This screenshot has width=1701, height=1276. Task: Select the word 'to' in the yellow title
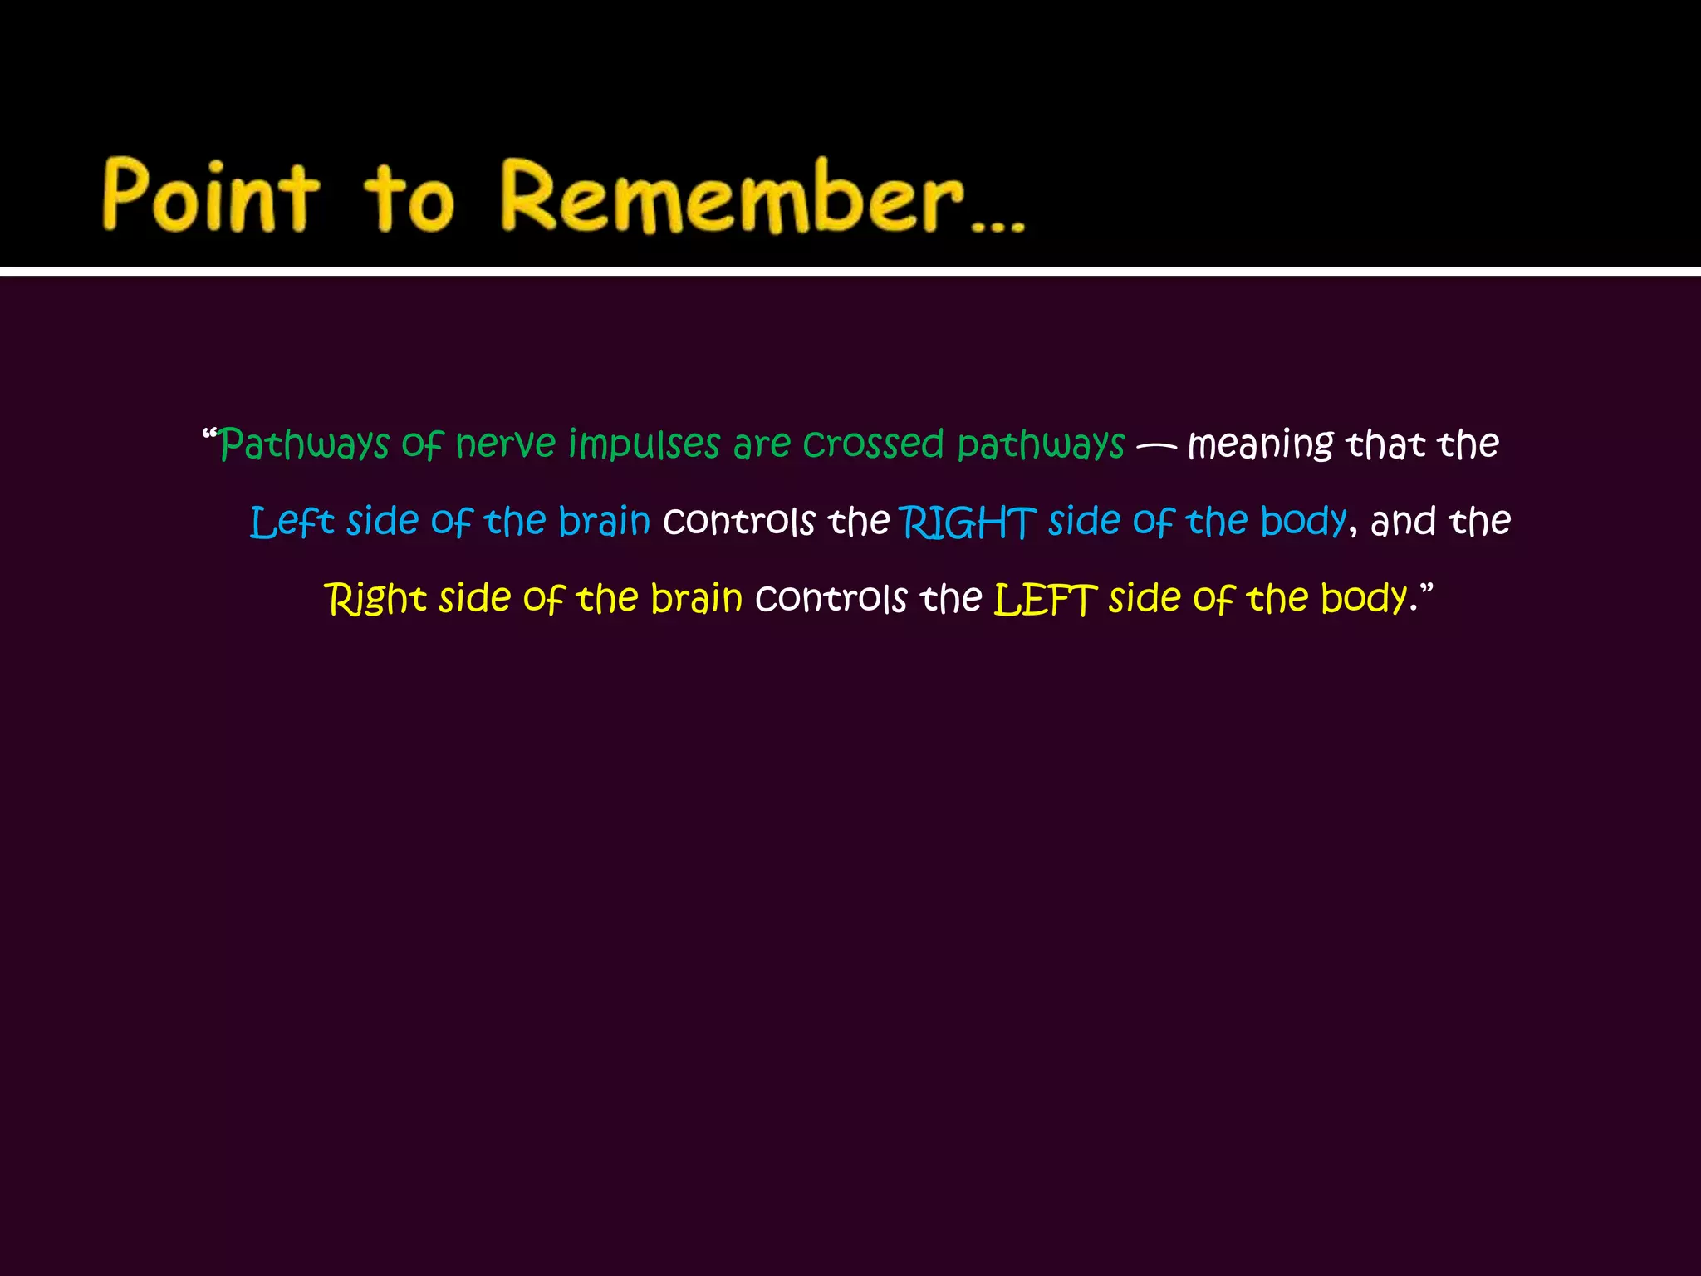tap(409, 199)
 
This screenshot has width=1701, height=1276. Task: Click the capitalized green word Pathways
tap(304, 445)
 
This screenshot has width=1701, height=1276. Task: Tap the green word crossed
tap(873, 444)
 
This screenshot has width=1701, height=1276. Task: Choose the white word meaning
tap(1261, 445)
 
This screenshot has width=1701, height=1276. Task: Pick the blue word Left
tap(292, 523)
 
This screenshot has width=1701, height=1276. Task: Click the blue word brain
tap(604, 522)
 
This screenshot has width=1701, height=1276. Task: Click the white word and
tap(1403, 523)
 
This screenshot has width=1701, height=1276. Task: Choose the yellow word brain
tap(696, 599)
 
